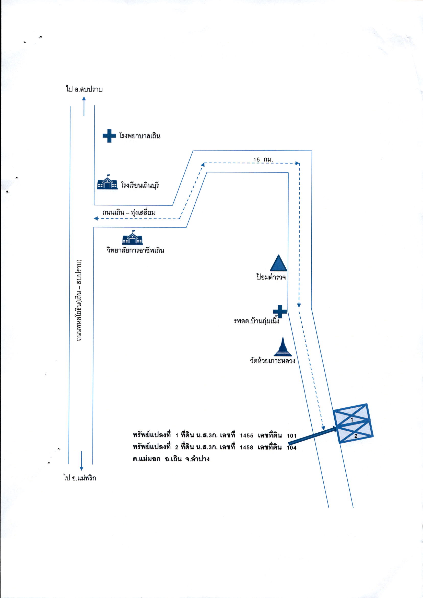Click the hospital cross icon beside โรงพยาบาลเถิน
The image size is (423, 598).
109,136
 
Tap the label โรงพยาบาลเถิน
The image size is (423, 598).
140,136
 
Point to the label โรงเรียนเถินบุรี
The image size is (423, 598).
140,185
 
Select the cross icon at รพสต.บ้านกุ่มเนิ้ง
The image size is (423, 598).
280,311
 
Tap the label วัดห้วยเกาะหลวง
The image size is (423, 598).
273,361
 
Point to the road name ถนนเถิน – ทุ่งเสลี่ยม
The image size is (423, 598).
129,212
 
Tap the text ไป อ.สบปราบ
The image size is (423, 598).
84,89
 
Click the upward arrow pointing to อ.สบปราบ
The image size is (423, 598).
84,106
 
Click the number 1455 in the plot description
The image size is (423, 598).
247,435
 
